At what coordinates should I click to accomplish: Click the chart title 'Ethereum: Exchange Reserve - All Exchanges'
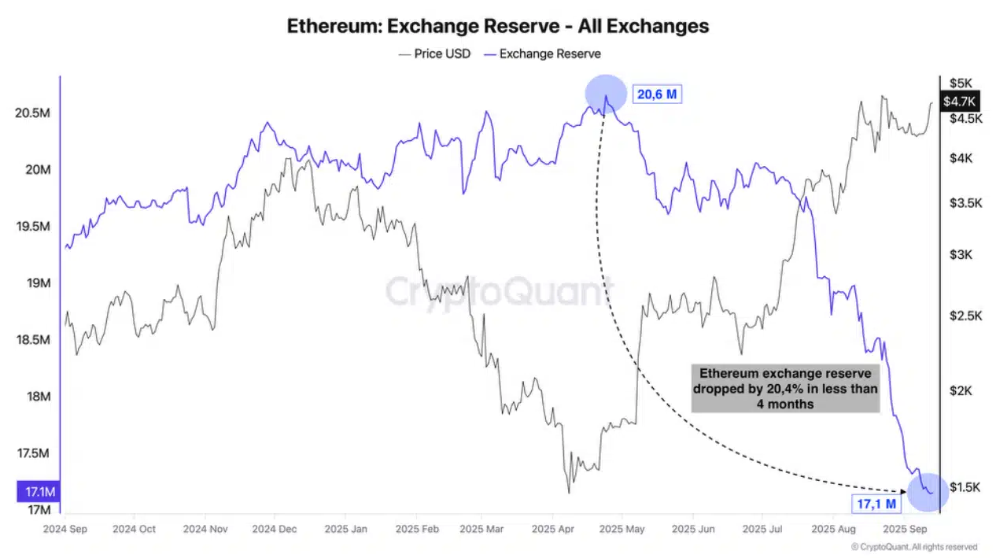tap(497, 26)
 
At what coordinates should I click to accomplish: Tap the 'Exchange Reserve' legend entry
tap(549, 54)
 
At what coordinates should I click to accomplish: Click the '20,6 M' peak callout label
tap(657, 94)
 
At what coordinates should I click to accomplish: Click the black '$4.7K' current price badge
tap(959, 101)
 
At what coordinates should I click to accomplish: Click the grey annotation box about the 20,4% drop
tap(785, 388)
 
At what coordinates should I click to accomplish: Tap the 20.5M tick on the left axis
tap(33, 113)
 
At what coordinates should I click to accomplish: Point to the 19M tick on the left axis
tap(37, 283)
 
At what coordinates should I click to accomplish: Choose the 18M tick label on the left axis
tap(37, 397)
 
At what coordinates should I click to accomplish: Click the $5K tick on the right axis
tap(961, 83)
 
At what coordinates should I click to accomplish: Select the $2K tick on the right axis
tap(961, 391)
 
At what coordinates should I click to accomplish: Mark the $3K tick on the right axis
tap(961, 255)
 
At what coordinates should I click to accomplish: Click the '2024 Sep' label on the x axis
tap(66, 529)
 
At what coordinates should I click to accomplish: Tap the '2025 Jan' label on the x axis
tap(345, 529)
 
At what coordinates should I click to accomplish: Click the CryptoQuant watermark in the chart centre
tap(498, 291)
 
